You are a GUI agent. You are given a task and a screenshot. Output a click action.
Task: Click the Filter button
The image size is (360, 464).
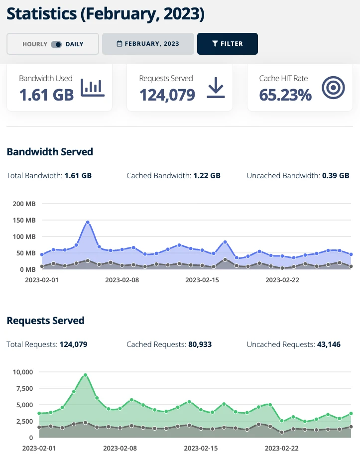(228, 44)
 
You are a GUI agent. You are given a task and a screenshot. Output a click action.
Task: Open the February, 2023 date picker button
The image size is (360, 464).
(148, 44)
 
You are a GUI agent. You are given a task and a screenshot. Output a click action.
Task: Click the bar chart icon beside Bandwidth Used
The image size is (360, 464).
(93, 88)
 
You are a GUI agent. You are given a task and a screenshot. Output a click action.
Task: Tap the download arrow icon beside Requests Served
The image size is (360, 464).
(216, 88)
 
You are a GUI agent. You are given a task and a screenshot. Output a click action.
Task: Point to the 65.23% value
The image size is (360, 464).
(285, 95)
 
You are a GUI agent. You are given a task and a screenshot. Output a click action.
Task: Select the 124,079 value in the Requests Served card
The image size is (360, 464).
(167, 95)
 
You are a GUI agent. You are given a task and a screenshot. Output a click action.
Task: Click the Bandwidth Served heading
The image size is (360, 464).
(50, 152)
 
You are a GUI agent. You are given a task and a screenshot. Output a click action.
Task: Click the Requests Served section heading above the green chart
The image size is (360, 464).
(45, 321)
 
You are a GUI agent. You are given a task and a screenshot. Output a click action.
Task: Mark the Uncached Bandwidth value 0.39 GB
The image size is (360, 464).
(336, 176)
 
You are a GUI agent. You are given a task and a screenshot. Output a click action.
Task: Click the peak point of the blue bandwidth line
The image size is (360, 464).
(88, 223)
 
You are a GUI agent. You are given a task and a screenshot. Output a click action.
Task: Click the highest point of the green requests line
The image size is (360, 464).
(85, 375)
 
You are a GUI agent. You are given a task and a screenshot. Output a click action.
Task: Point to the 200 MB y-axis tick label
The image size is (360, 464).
(23, 204)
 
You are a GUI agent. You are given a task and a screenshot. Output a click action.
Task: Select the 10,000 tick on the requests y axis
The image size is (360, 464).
(21, 372)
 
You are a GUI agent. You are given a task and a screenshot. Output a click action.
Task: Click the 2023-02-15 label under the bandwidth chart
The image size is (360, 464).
(202, 280)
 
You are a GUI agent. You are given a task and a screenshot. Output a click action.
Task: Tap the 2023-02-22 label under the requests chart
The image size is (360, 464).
(281, 448)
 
